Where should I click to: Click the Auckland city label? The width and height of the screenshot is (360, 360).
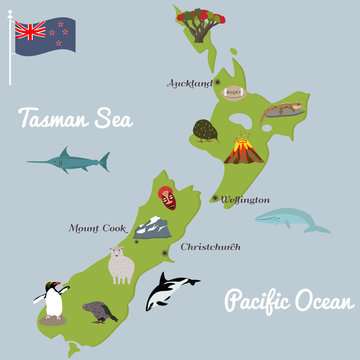[x=190, y=83]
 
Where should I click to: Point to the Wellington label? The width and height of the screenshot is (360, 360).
[x=244, y=199]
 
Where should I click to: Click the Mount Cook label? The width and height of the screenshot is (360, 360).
[x=98, y=228]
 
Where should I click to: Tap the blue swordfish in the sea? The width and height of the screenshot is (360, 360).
[x=70, y=160]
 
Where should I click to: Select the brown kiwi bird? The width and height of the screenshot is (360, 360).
[x=206, y=130]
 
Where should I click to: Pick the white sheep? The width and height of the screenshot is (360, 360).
[x=121, y=266]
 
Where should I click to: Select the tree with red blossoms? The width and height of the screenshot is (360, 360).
[x=196, y=24]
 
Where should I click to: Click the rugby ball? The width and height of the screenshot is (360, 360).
[x=234, y=93]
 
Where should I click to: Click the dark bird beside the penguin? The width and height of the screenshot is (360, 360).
[x=99, y=311]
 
